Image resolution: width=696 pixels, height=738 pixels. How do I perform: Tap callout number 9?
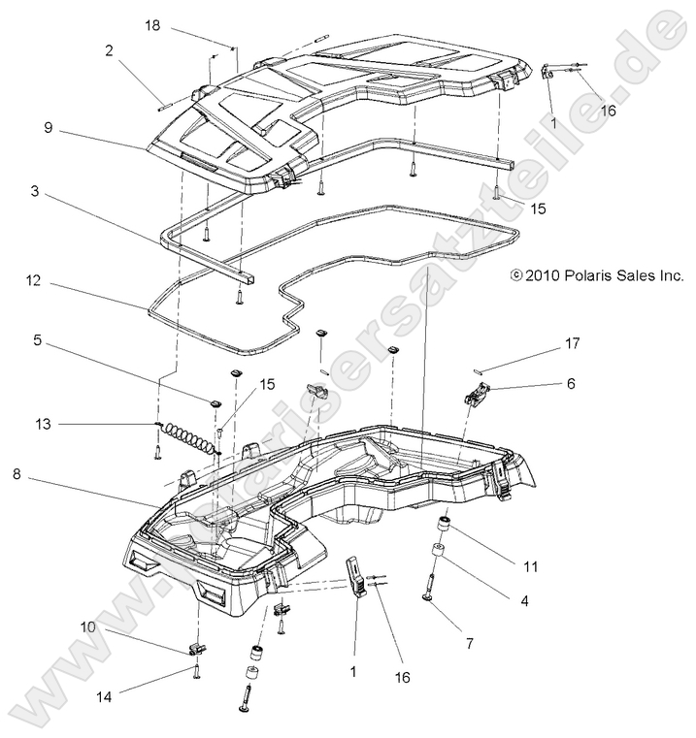tap(47, 125)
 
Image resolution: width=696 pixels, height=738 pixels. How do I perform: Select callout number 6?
tap(570, 383)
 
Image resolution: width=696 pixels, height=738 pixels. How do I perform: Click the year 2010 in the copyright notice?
tap(542, 275)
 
